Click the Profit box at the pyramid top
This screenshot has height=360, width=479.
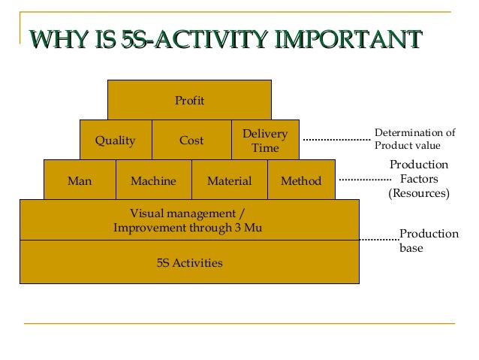pos(189,100)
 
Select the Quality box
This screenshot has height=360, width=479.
pos(115,141)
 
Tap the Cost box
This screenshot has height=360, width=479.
pos(191,141)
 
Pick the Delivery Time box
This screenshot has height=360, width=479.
pos(265,141)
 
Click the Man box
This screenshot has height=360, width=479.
pos(80,181)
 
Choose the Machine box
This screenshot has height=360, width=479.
pos(153,181)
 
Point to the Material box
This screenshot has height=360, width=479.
pos(229,181)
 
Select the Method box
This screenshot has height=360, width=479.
pos(301,181)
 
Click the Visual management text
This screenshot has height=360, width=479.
pos(188,213)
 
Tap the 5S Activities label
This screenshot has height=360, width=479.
pos(189,263)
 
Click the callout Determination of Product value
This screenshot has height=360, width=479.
pos(414,140)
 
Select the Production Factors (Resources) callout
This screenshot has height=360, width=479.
pos(418,179)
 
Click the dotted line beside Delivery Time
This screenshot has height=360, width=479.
pos(336,139)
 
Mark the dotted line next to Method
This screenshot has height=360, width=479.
pos(365,180)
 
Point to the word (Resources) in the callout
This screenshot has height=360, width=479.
pos(418,193)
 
